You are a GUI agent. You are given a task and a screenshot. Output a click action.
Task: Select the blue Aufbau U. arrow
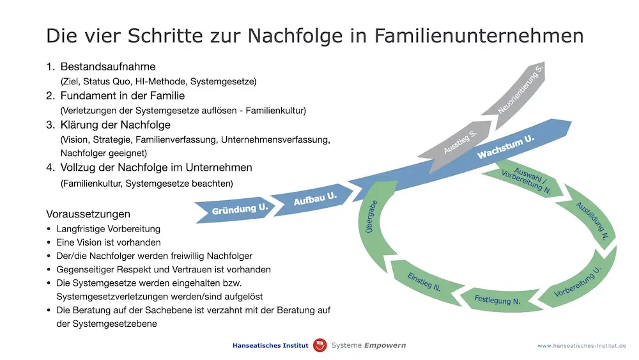(x=312, y=200)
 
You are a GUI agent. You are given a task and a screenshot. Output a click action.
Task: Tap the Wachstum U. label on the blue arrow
(x=505, y=147)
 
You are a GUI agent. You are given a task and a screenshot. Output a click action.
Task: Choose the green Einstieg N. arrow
(x=425, y=282)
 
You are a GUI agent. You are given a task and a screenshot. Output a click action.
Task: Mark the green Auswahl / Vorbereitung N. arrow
(x=526, y=180)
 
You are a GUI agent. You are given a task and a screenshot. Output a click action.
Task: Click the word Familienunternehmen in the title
(x=479, y=35)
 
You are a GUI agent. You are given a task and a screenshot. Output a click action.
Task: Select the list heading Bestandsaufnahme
(x=108, y=67)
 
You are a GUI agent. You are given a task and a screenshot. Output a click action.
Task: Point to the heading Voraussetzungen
(x=88, y=214)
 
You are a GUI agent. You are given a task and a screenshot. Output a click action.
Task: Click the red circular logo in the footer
(x=320, y=345)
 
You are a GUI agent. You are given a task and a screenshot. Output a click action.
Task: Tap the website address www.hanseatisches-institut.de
(x=581, y=346)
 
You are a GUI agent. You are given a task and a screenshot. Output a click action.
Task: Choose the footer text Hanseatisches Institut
(x=270, y=345)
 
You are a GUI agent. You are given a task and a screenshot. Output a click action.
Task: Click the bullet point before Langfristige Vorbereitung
(x=49, y=229)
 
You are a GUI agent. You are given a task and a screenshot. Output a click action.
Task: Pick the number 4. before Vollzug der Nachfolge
(x=50, y=168)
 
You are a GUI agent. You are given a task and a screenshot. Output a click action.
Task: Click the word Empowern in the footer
(x=385, y=346)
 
